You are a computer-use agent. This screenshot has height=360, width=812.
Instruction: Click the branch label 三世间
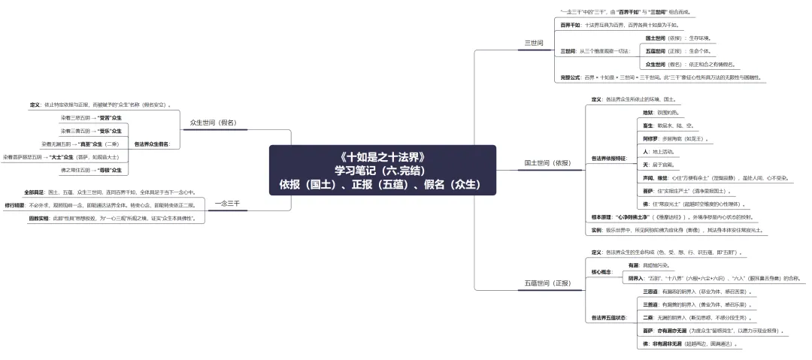click(x=534, y=43)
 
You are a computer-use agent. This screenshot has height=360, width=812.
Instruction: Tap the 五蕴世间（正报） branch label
click(x=547, y=283)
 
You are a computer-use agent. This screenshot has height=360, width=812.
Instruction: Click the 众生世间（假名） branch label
click(x=213, y=122)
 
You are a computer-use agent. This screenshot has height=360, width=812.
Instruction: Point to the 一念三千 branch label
click(x=227, y=203)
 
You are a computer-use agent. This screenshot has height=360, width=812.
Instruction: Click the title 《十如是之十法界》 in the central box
click(x=383, y=157)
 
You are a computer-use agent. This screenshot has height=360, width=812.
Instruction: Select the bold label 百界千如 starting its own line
click(x=571, y=24)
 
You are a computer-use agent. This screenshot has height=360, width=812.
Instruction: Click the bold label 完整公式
click(x=571, y=77)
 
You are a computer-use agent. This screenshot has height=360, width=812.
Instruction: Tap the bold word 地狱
click(x=647, y=112)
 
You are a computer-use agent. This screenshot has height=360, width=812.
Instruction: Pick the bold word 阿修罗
click(x=651, y=138)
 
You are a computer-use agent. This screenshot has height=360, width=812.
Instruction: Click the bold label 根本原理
click(x=603, y=216)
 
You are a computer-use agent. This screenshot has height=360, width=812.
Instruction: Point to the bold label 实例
click(x=596, y=229)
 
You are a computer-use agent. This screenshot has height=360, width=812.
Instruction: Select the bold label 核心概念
click(x=603, y=271)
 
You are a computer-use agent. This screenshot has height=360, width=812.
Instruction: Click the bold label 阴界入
click(x=636, y=277)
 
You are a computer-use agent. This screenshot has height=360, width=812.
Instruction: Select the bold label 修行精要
click(x=15, y=204)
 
